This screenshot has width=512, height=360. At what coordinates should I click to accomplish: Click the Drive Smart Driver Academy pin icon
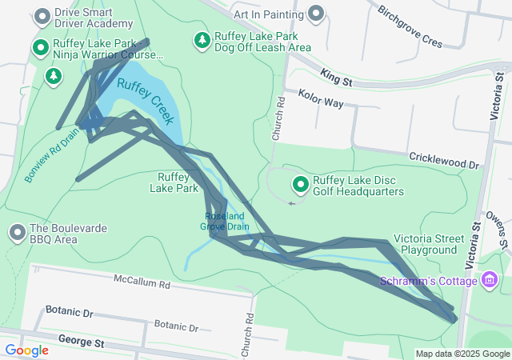pyautogui.click(x=42, y=16)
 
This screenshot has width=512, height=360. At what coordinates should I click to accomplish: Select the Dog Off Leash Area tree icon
pyautogui.click(x=202, y=40)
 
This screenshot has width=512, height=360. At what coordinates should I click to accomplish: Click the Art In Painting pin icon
pyautogui.click(x=318, y=13)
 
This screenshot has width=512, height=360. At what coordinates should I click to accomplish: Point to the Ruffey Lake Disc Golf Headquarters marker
pyautogui.click(x=301, y=186)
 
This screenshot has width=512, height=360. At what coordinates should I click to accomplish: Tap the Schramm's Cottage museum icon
pyautogui.click(x=490, y=280)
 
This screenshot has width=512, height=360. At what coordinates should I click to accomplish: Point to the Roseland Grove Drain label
pyautogui.click(x=227, y=221)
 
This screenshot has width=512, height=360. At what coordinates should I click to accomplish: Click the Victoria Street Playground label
pyautogui.click(x=429, y=244)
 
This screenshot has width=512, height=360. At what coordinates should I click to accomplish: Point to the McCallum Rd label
pyautogui.click(x=142, y=284)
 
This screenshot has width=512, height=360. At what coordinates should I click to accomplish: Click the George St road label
pyautogui.click(x=81, y=342)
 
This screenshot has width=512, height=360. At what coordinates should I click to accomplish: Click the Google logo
pyautogui.click(x=26, y=350)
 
